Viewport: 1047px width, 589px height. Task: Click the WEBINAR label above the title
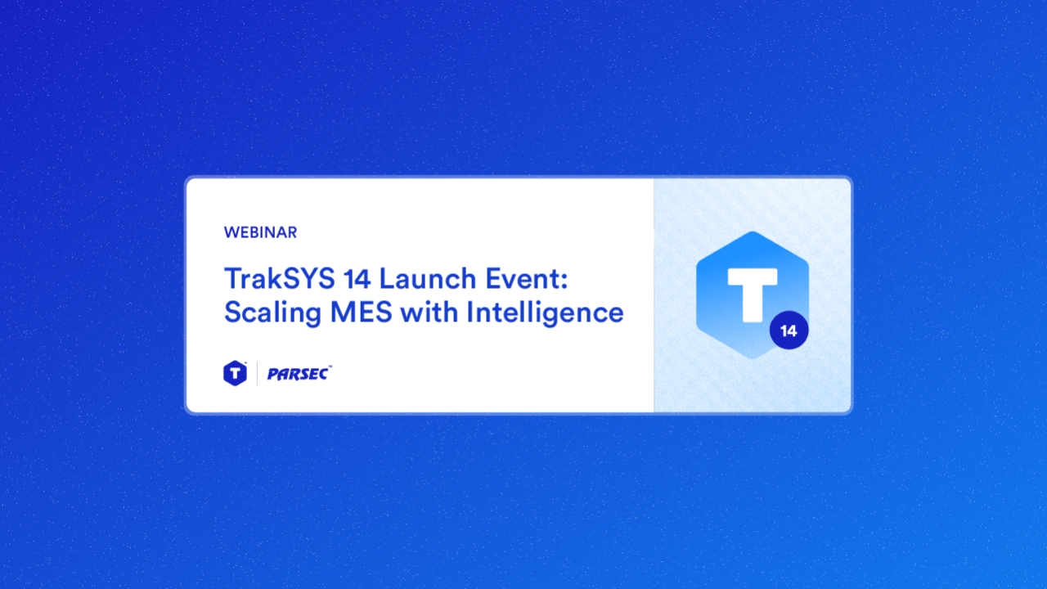260,232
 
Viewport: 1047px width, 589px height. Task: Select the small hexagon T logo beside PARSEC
235,373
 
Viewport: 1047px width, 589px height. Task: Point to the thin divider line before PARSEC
257,373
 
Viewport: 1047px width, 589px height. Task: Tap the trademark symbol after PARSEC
330,368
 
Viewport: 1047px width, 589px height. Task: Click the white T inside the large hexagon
752,290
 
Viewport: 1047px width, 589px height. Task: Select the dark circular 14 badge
789,331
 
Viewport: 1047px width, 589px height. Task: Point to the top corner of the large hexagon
753,232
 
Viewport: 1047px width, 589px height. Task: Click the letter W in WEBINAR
230,232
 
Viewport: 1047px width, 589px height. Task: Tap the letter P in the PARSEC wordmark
272,374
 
